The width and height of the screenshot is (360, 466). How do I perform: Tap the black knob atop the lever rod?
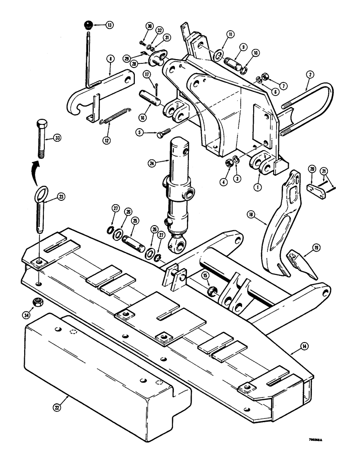tap(88, 25)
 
